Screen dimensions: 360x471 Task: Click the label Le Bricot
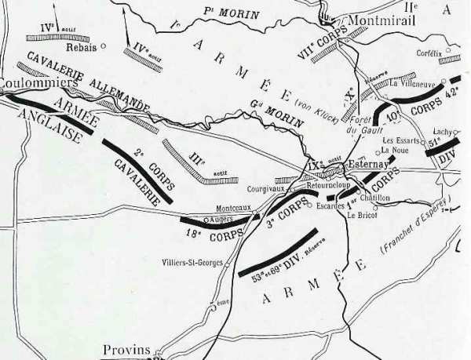tap(363, 215)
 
